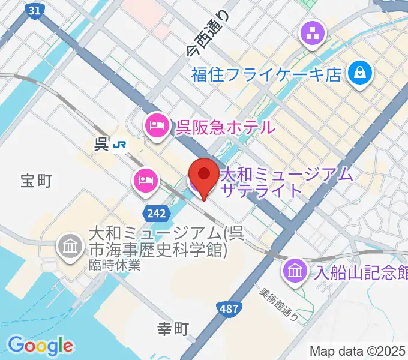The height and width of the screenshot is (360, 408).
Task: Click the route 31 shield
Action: point(35,10)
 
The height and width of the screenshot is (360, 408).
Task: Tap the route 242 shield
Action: point(153,212)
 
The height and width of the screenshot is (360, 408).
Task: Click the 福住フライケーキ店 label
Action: point(266,75)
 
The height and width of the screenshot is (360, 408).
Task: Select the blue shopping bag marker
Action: point(362,74)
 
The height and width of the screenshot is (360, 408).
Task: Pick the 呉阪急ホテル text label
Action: point(226,127)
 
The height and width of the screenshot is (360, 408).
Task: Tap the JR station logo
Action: point(122,145)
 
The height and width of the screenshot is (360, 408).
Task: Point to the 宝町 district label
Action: point(37,181)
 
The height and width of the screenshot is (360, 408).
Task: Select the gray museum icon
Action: point(70,246)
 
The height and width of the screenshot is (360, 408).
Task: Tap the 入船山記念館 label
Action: point(361,271)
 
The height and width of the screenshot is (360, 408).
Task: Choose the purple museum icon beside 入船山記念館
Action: point(296,269)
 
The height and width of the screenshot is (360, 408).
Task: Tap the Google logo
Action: point(41,346)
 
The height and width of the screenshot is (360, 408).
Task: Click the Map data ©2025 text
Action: point(358,350)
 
